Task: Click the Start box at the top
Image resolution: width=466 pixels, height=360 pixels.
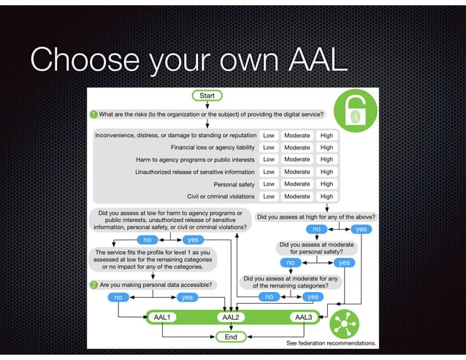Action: tap(207, 96)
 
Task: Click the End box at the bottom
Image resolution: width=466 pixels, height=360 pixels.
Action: tap(231, 337)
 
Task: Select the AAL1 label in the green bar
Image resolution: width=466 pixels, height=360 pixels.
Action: tap(162, 318)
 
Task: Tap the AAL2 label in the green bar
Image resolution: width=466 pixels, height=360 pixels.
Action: tap(231, 318)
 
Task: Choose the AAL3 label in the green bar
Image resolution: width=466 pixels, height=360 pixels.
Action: tap(301, 318)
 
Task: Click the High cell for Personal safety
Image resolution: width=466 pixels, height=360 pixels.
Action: tap(326, 184)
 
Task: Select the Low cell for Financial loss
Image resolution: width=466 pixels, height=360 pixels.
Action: tap(269, 147)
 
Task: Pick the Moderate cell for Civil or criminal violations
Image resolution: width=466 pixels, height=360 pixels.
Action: tap(297, 196)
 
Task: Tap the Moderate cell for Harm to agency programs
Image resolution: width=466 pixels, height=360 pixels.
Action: tap(297, 159)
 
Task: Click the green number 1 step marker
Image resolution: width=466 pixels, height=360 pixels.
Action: tap(93, 114)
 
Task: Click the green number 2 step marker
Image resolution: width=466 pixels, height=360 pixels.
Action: tap(93, 285)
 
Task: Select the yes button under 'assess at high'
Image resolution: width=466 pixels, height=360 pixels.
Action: tap(359, 229)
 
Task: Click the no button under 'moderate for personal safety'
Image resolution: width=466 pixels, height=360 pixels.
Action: tap(291, 262)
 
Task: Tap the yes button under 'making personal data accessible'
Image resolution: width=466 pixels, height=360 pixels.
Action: tap(187, 297)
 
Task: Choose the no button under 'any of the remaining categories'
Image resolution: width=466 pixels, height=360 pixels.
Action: tap(269, 297)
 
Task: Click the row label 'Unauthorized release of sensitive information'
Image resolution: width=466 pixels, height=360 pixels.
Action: tap(195, 172)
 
